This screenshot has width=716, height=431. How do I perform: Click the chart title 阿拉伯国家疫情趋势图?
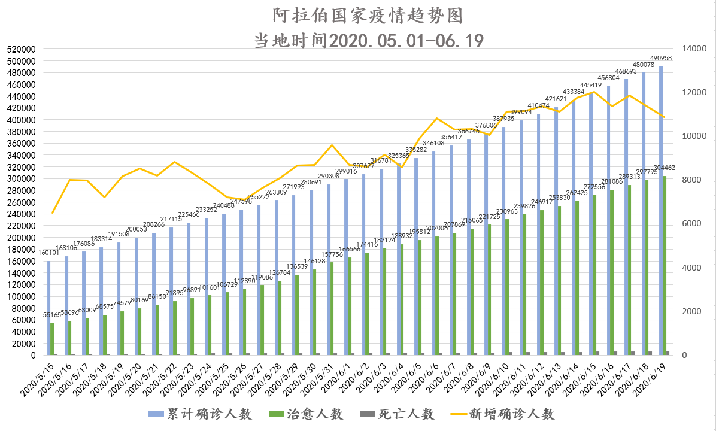point(359,14)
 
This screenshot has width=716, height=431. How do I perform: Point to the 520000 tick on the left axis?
point(22,49)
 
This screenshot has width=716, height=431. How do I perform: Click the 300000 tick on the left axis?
point(22,178)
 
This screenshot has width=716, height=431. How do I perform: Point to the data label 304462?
point(665,168)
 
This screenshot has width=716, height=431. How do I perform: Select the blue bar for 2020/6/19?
point(661,210)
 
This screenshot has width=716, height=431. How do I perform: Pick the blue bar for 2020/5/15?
point(48,308)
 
